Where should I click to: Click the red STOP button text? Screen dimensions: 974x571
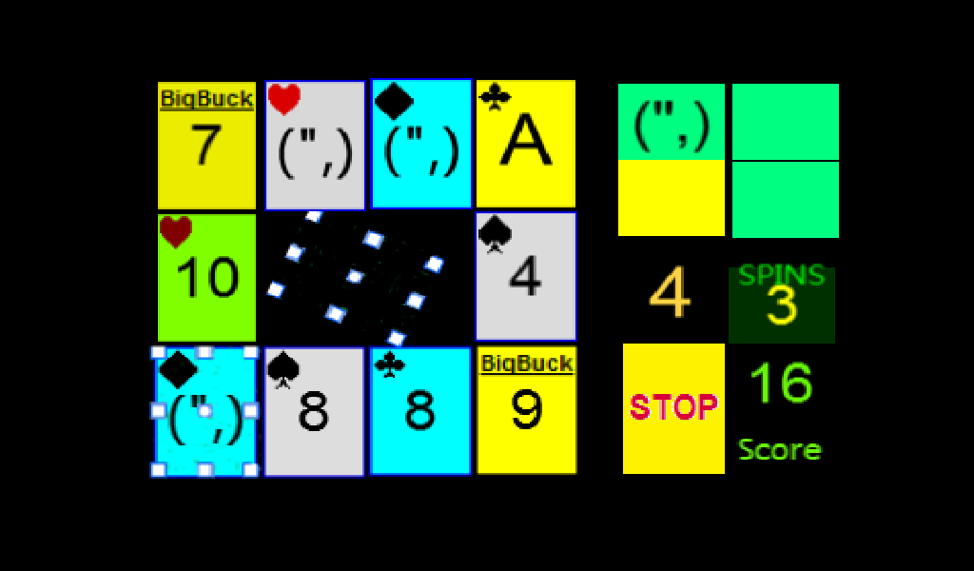pos(674,407)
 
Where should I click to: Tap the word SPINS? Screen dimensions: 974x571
pos(782,275)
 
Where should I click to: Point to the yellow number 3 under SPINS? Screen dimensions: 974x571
pos(782,305)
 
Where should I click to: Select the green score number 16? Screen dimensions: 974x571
pos(782,383)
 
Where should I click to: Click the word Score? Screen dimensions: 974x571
pos(780,449)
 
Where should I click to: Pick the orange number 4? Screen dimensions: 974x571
pos(671,293)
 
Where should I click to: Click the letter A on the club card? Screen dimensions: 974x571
pos(526,143)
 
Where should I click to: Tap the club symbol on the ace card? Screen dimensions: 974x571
pos(495,97)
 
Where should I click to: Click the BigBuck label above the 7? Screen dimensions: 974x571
pos(206,99)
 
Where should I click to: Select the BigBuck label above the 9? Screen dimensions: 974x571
pos(527,364)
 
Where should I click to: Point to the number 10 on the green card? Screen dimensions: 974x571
pos(207,277)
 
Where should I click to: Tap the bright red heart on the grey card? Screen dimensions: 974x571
pos(283,99)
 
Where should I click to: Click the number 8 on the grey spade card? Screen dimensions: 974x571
pos(314,411)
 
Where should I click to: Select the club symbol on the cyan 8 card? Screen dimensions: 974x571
pos(390,364)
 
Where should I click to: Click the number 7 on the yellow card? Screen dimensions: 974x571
pos(206,144)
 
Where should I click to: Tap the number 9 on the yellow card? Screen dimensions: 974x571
pos(527,409)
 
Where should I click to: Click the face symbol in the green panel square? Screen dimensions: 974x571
pos(672,127)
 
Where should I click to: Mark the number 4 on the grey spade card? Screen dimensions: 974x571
pos(525,277)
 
